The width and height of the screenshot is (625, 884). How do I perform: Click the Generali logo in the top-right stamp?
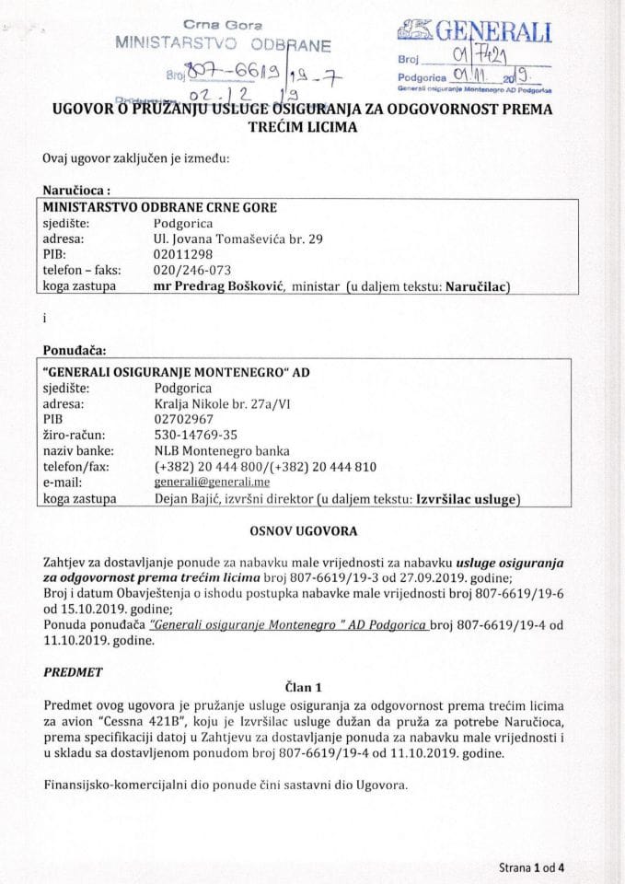474,33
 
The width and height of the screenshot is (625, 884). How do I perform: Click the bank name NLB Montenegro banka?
222,451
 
